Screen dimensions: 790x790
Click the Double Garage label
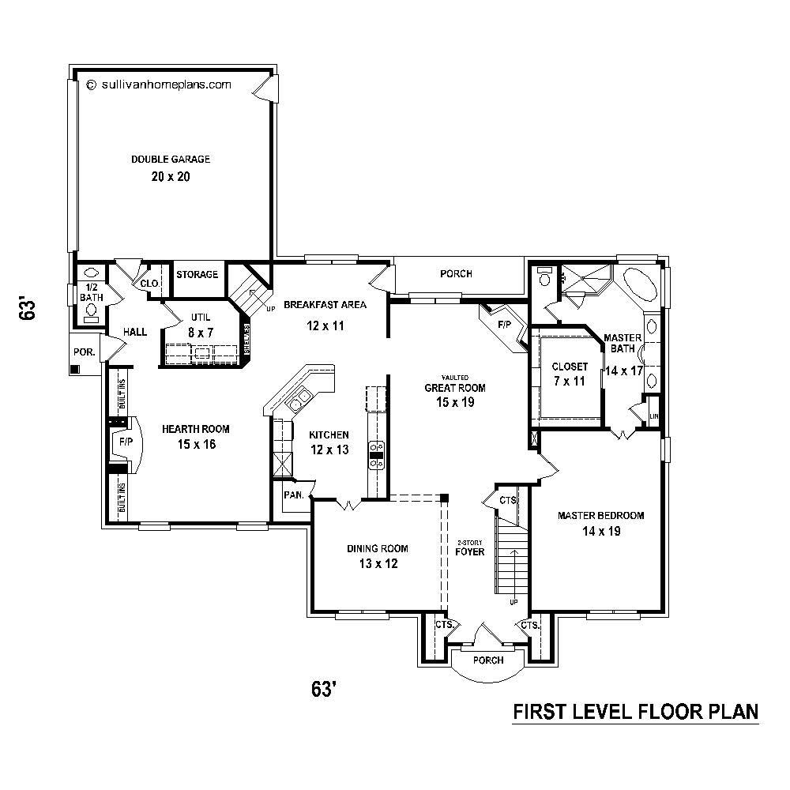click(171, 159)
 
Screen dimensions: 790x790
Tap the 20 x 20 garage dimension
click(171, 176)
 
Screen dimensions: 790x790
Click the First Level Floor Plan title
click(636, 712)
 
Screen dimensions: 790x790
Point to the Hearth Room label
click(196, 429)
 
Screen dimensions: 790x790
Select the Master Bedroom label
click(601, 516)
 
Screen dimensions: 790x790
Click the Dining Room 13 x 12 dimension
click(378, 564)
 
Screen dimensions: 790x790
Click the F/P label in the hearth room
click(126, 442)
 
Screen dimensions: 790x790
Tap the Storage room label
click(197, 274)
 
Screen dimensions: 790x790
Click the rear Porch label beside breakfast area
click(456, 274)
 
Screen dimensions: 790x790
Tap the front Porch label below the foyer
click(488, 660)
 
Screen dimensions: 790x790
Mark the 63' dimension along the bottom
click(325, 690)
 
